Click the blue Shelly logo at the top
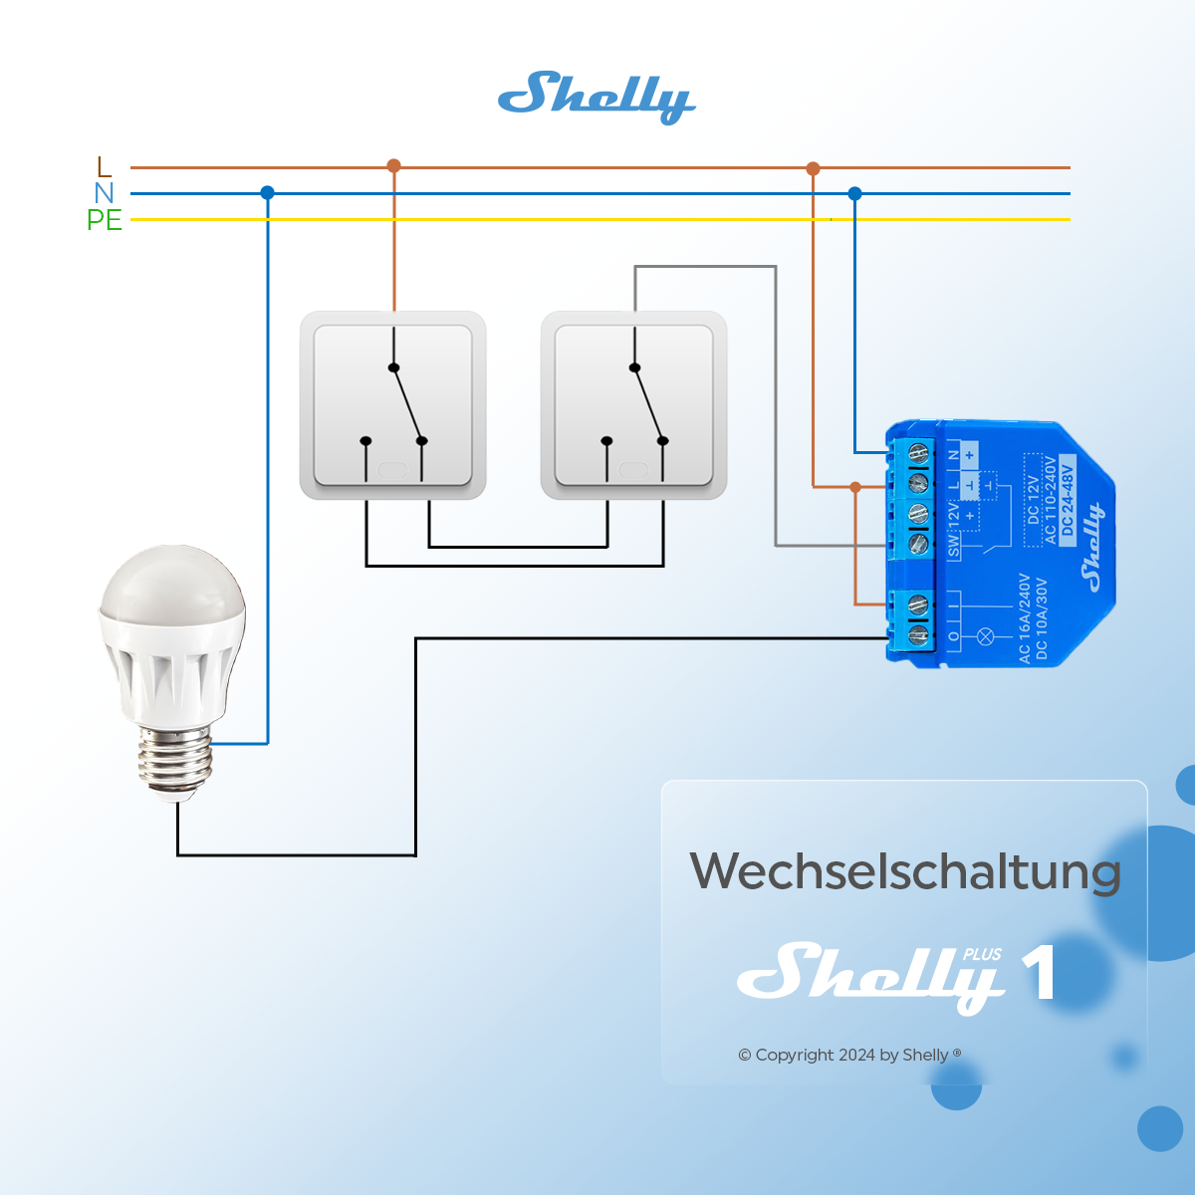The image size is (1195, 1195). coord(596,97)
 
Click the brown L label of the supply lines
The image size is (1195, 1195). coord(105,166)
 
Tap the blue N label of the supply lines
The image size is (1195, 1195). coord(105,193)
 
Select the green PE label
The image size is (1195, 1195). coord(105,220)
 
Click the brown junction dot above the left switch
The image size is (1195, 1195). coord(393,165)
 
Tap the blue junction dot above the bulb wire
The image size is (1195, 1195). coord(267,192)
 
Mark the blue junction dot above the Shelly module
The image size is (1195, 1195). coord(854,193)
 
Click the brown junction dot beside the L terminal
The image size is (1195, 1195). coord(854,487)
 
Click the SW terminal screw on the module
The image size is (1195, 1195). coord(918,544)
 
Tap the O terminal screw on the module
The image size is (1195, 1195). coord(918,633)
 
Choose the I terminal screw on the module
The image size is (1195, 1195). coord(918,604)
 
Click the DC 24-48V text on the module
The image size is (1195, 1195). coord(1068,498)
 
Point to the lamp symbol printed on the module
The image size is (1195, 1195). coord(987,635)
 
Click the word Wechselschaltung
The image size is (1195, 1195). coord(905,872)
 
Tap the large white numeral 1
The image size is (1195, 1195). coord(1039,972)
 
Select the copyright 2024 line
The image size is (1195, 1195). coord(849,1055)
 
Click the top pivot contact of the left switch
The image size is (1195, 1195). coord(393,367)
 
